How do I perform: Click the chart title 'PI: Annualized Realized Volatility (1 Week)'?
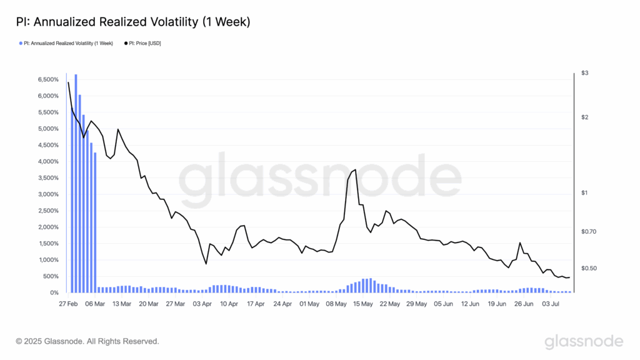[x=132, y=22]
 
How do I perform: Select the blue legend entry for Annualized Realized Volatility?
[x=67, y=43]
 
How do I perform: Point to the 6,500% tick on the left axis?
[x=47, y=80]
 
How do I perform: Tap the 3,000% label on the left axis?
[x=47, y=194]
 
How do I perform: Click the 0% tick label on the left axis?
[x=54, y=292]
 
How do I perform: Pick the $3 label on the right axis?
[x=584, y=73]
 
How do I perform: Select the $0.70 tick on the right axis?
[x=589, y=231]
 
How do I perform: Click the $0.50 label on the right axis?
[x=589, y=268]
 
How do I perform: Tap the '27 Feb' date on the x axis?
[x=67, y=304]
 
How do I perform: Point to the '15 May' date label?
[x=362, y=304]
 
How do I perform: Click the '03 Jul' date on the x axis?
[x=550, y=304]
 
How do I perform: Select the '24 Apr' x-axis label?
[x=282, y=304]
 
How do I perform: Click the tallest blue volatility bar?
[x=76, y=181]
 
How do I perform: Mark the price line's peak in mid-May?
[x=356, y=169]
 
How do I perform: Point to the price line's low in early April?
[x=206, y=264]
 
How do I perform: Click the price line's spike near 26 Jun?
[x=520, y=242]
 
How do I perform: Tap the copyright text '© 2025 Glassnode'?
[x=87, y=341]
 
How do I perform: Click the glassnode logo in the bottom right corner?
[x=584, y=341]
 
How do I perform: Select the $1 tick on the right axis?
[x=584, y=192]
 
